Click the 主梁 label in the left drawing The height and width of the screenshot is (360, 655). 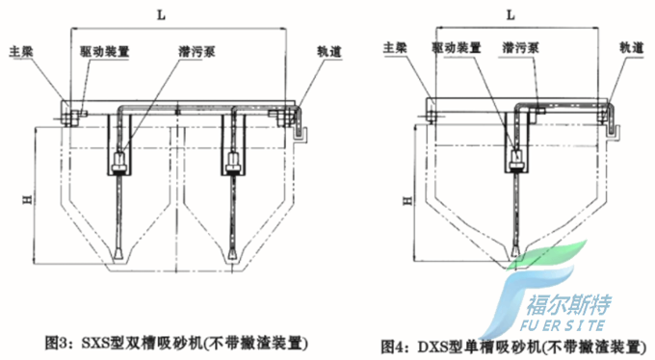click(x=21, y=52)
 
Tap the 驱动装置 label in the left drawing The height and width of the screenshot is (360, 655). click(x=105, y=52)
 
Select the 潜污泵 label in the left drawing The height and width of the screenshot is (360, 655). click(x=196, y=52)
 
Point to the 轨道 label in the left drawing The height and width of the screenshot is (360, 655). click(x=329, y=51)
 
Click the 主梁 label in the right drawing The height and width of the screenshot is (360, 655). click(x=395, y=47)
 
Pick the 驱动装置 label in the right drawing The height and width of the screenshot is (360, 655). click(x=457, y=47)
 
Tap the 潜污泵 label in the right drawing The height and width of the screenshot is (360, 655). click(x=520, y=47)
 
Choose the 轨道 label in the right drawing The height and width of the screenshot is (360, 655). click(x=631, y=47)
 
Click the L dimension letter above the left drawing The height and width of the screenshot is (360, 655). click(x=161, y=15)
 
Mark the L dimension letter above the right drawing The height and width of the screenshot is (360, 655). click(x=511, y=15)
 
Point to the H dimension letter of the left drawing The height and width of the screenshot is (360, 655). click(x=27, y=200)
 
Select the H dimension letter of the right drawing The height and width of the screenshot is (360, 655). click(x=407, y=201)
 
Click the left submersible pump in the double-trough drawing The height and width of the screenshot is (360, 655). click(x=119, y=162)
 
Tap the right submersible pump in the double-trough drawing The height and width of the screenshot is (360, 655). click(x=233, y=162)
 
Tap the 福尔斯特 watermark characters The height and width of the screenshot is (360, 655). click(x=568, y=305)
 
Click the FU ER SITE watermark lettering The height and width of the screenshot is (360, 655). click(x=563, y=325)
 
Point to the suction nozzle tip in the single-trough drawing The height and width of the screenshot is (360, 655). click(x=516, y=253)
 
